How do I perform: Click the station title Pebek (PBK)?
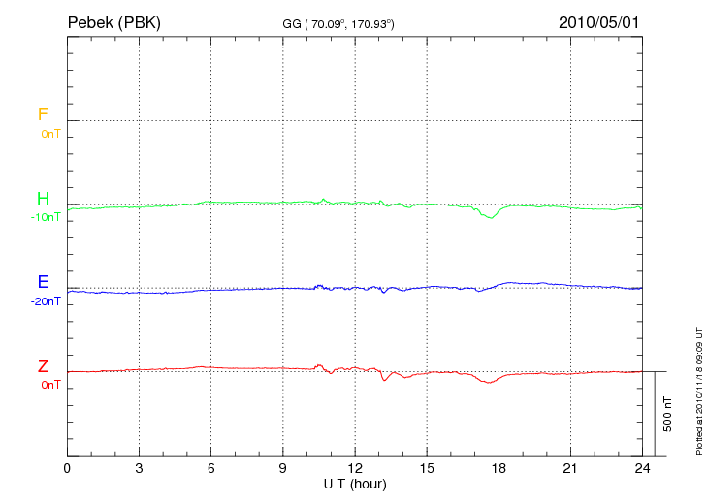click(x=113, y=22)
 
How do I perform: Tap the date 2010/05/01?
click(x=599, y=22)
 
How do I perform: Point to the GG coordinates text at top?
click(x=338, y=23)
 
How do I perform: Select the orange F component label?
click(x=43, y=114)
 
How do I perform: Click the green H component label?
click(x=43, y=199)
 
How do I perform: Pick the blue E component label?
click(x=43, y=282)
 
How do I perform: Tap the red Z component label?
click(x=43, y=366)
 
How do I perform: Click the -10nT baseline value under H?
click(x=46, y=217)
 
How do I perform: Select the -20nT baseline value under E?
click(x=46, y=301)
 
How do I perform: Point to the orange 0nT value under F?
click(x=49, y=133)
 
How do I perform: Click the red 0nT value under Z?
click(x=49, y=385)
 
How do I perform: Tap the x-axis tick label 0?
click(x=67, y=469)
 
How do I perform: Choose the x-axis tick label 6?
click(x=211, y=469)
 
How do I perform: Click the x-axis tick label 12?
click(x=355, y=469)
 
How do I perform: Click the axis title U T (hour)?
click(x=355, y=484)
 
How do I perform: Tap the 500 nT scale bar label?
click(x=668, y=414)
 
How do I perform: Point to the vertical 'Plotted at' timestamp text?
click(x=698, y=388)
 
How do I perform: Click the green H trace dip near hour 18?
click(x=492, y=217)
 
